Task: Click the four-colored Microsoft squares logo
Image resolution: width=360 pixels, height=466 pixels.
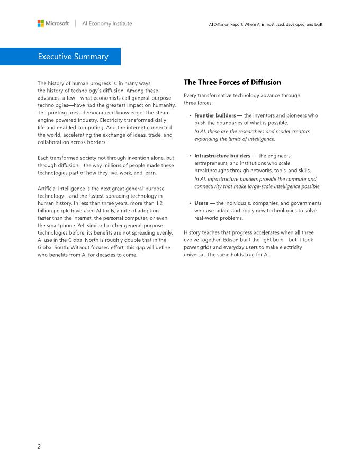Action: click(41, 23)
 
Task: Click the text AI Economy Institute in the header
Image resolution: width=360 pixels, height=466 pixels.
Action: click(107, 24)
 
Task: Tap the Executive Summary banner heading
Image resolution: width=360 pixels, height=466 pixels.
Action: click(73, 57)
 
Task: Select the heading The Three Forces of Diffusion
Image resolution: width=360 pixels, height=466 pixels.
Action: click(232, 82)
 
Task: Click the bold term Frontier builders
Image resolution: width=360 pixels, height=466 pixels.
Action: click(215, 115)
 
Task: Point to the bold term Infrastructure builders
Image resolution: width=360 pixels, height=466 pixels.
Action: click(222, 156)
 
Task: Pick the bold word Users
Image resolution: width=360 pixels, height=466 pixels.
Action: click(201, 203)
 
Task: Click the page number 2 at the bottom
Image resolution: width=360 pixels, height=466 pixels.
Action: click(39, 446)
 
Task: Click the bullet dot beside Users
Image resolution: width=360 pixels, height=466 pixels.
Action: click(190, 203)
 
